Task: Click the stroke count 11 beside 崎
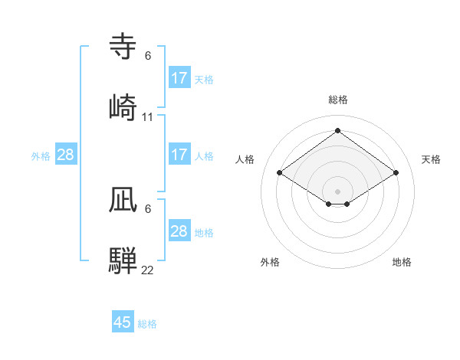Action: [x=148, y=117]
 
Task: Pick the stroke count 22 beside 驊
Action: [x=148, y=270]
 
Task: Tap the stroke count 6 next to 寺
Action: [x=148, y=56]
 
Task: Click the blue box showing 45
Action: [x=123, y=322]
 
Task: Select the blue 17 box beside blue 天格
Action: [x=179, y=78]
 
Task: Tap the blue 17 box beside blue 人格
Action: [x=179, y=155]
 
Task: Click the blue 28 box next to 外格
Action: [x=66, y=155]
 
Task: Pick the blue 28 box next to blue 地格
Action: [x=179, y=231]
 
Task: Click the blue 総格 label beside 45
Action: [x=147, y=324]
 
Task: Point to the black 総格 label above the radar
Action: [x=338, y=100]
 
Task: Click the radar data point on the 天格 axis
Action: [x=396, y=173]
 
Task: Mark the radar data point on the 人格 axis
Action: [x=280, y=173]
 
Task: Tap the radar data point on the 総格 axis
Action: [x=338, y=131]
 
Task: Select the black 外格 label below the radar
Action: [x=270, y=262]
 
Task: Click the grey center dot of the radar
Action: [x=338, y=191]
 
